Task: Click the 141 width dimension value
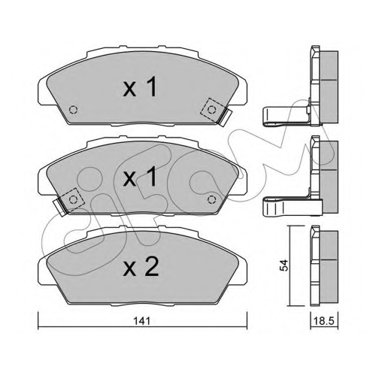[x=142, y=321]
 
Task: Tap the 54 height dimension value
[x=284, y=265]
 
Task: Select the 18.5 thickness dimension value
[x=324, y=321]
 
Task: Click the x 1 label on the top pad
[x=140, y=87]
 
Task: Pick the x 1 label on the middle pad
[x=140, y=177]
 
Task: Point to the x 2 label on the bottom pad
[x=141, y=267]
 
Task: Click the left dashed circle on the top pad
[x=73, y=110]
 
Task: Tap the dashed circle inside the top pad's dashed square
[x=212, y=110]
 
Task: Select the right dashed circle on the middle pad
[x=212, y=199]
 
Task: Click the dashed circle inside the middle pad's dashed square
[x=73, y=199]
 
